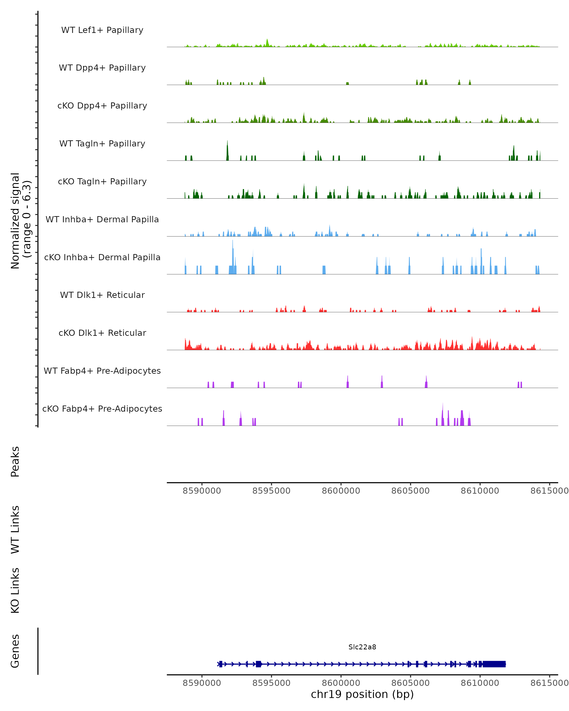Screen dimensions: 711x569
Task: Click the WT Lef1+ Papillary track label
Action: click(102, 30)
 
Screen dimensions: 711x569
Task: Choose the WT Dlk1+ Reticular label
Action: click(102, 295)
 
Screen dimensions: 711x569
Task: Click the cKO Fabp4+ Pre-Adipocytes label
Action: click(102, 409)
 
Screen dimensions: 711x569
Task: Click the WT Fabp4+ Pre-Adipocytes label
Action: click(102, 371)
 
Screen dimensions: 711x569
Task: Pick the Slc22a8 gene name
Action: click(362, 647)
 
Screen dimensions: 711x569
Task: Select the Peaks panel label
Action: click(15, 461)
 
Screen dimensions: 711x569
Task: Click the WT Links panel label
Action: click(15, 529)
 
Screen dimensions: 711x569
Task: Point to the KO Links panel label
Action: click(15, 590)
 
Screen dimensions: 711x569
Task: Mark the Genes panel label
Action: click(15, 651)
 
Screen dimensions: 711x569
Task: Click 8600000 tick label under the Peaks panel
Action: click(341, 491)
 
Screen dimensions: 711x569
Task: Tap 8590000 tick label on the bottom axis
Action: click(202, 683)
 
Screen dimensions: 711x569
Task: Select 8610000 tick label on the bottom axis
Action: click(480, 683)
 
